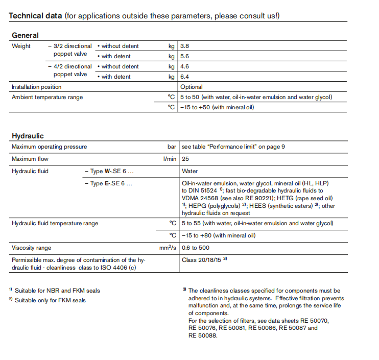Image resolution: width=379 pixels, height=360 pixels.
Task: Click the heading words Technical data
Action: (x=35, y=16)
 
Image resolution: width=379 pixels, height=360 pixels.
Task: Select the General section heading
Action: (x=25, y=35)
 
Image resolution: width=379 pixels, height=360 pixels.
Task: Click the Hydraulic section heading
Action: (x=28, y=136)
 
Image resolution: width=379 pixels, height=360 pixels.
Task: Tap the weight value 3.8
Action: (x=185, y=46)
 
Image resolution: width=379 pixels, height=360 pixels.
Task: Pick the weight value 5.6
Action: (x=185, y=56)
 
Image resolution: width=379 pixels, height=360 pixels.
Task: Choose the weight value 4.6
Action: (x=185, y=66)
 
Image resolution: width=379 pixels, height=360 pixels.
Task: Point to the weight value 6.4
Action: (x=185, y=77)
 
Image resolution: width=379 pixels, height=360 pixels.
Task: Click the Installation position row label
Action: (x=36, y=87)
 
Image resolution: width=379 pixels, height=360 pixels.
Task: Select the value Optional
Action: (x=192, y=87)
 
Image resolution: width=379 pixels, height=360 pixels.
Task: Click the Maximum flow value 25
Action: (x=185, y=159)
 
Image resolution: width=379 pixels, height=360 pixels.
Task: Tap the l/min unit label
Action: (x=170, y=159)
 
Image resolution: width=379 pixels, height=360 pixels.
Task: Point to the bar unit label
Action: (x=172, y=147)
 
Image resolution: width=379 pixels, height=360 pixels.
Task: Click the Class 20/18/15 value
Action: (x=201, y=259)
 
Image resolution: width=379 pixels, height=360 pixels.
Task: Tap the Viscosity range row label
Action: (x=31, y=248)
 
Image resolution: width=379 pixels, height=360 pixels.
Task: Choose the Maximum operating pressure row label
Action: (x=49, y=147)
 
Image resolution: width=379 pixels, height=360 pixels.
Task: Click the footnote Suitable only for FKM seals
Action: (x=50, y=300)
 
